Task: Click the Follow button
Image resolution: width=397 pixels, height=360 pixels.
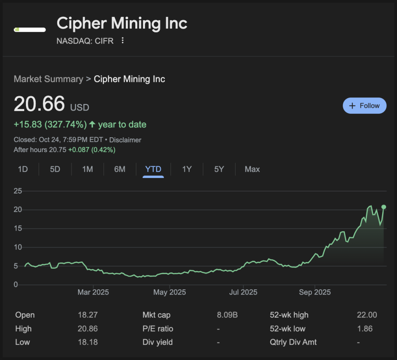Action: point(365,106)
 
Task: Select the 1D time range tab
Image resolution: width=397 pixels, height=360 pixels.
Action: point(23,169)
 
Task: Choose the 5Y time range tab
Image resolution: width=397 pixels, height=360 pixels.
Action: point(219,169)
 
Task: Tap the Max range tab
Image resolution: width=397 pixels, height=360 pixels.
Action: point(252,169)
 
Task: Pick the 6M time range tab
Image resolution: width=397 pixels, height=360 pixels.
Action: point(120,169)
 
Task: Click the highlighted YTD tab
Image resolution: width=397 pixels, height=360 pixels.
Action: point(153,169)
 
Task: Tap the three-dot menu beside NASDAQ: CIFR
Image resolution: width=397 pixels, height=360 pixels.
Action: point(122,41)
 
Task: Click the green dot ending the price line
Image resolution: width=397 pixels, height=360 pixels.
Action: point(384,207)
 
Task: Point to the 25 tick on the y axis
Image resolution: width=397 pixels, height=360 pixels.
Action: point(18,191)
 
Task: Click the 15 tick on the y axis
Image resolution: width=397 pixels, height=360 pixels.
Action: point(18,228)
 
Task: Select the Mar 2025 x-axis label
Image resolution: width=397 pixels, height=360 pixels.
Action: point(93,292)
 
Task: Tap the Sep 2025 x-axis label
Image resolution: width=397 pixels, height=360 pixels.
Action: point(315,292)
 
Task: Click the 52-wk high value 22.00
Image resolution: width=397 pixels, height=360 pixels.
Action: point(367,315)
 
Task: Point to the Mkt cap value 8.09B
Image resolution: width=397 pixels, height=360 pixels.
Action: point(227,315)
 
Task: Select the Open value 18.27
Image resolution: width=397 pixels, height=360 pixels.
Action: point(88,315)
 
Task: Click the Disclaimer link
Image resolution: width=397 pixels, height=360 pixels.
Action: point(125,140)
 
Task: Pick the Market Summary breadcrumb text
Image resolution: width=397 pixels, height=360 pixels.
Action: point(48,79)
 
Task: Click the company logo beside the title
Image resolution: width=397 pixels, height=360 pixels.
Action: point(30,30)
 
